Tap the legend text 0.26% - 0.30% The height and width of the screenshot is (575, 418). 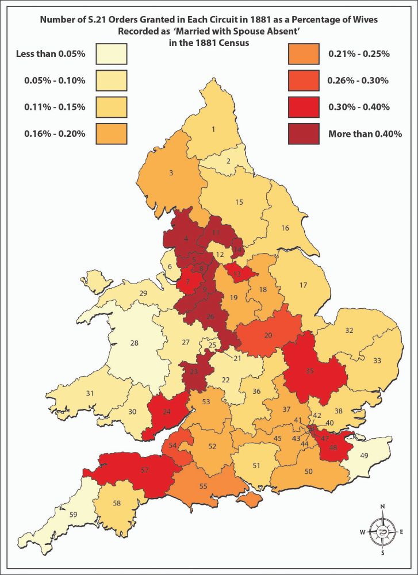coord(358,80)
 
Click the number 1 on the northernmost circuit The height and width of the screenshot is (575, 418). coord(213,129)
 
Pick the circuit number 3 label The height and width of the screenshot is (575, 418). coord(171,172)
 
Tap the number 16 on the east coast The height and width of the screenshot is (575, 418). coord(285,228)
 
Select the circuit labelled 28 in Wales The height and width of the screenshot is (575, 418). coord(134,343)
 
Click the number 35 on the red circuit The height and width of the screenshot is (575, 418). coord(310,371)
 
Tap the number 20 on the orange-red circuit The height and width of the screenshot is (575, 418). coord(267,335)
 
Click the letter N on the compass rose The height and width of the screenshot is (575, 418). coord(382,507)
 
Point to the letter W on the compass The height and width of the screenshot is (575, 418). coord(362,532)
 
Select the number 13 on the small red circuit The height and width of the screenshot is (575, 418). coord(236,274)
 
